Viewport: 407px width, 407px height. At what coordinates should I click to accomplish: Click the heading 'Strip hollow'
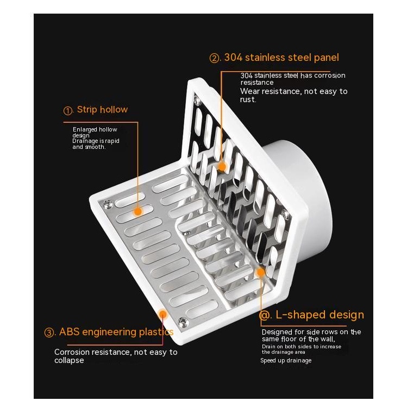point(102,110)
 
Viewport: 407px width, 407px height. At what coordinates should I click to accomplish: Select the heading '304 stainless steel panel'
point(281,58)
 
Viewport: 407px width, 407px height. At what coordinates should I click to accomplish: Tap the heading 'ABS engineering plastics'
point(116,332)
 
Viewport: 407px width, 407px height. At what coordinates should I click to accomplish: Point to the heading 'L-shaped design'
point(320,315)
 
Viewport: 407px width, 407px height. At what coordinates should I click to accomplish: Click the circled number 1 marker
point(68,111)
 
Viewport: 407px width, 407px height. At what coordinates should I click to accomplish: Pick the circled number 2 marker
point(214,58)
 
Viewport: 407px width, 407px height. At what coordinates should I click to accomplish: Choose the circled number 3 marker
point(49,333)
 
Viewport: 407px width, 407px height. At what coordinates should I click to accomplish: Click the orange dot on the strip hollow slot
point(138,211)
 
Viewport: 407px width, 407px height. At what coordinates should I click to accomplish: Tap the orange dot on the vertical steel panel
point(222,167)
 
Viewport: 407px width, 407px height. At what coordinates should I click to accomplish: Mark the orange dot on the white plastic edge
point(162,315)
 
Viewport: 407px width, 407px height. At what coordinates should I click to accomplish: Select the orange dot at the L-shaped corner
point(260,272)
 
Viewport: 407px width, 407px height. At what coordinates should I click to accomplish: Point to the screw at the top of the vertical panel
point(198,101)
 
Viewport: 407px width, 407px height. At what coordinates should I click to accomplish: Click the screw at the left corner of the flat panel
point(108,204)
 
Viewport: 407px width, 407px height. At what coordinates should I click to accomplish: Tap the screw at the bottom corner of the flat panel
point(183,322)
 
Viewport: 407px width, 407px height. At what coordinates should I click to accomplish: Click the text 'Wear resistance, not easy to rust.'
point(293,95)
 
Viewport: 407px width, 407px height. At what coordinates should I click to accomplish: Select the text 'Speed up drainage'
point(286,360)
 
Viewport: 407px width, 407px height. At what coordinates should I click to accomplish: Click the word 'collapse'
point(69,360)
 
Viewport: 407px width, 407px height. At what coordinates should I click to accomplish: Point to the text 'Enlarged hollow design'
point(95,132)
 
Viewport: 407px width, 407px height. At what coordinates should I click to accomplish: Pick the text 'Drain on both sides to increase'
point(302,347)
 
